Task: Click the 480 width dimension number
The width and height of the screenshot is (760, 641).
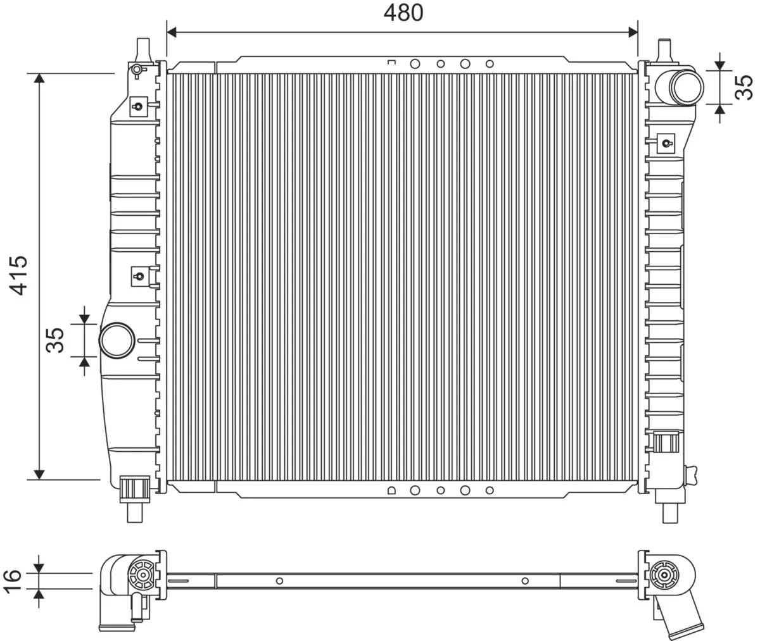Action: (x=403, y=13)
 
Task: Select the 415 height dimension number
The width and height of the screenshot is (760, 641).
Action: (x=18, y=275)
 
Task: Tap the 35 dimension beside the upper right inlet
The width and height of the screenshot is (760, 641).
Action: (x=744, y=87)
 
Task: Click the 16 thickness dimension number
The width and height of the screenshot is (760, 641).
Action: (x=13, y=580)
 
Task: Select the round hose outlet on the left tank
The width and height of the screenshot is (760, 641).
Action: (x=117, y=340)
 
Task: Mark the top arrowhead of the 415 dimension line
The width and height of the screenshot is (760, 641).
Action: (x=39, y=78)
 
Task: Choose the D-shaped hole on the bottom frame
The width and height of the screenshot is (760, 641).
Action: (x=391, y=490)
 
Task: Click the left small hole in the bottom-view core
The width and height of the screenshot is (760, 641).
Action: (x=279, y=581)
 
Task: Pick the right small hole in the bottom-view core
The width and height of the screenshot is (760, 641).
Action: (x=524, y=581)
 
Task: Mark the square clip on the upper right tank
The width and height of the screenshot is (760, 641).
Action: (x=666, y=142)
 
